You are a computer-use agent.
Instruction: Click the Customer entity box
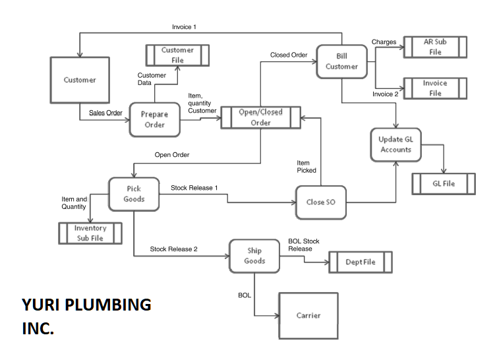[x=80, y=80]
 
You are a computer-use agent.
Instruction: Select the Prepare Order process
[x=154, y=119]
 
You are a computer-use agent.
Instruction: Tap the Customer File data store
[x=177, y=55]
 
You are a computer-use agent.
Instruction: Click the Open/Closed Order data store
[x=260, y=117]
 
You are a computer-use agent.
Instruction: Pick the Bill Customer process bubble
[x=341, y=61]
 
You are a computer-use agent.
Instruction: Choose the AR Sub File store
[x=435, y=47]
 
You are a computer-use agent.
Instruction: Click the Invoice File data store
[x=435, y=88]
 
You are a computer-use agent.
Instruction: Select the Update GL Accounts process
[x=396, y=144]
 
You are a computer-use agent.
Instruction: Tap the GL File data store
[x=444, y=184]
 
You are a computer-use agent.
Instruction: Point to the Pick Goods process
[x=134, y=194]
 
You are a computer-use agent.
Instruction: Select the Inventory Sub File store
[x=90, y=233]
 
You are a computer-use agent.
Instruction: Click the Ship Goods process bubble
[x=254, y=256]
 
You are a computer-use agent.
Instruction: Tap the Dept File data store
[x=361, y=262]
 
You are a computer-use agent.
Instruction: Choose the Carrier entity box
[x=308, y=316]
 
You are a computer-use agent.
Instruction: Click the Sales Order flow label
[x=105, y=113]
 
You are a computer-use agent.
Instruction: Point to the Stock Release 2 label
[x=173, y=249]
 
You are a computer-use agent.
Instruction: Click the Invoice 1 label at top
[x=184, y=27]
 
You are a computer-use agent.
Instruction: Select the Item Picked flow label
[x=306, y=166]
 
